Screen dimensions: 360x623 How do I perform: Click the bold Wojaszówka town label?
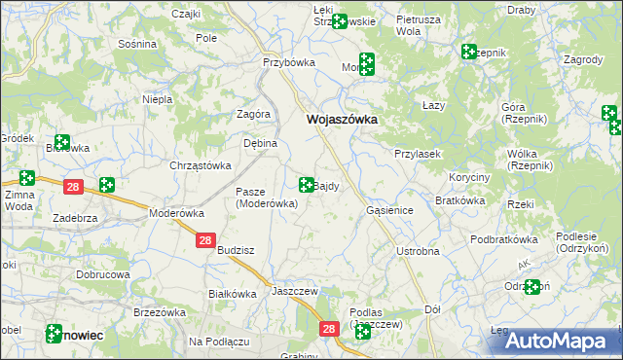click(x=342, y=120)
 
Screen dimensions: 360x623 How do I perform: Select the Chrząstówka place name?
click(x=200, y=165)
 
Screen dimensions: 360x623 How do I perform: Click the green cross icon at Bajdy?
click(x=307, y=184)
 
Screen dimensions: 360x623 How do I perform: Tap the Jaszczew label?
click(x=297, y=290)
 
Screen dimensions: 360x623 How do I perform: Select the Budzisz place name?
click(x=237, y=249)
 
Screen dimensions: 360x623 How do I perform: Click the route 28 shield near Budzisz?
click(x=204, y=240)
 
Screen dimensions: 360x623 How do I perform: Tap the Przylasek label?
click(x=420, y=154)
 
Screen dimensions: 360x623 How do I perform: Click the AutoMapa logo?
click(x=562, y=341)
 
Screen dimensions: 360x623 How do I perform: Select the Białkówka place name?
click(x=233, y=293)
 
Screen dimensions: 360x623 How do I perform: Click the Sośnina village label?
click(x=136, y=45)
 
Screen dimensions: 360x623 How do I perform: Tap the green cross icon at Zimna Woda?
click(x=26, y=179)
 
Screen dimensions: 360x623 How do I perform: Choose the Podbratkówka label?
click(x=503, y=239)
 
